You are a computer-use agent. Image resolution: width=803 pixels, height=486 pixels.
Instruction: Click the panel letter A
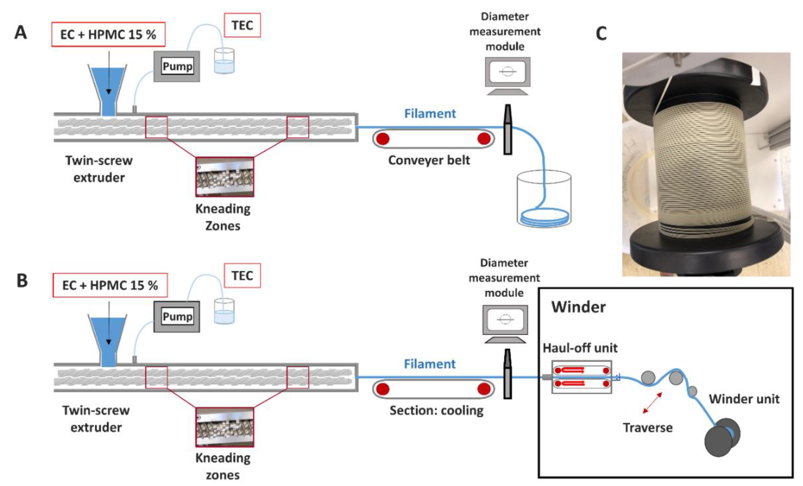pos(21,33)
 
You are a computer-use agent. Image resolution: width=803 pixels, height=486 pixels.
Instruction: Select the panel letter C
pos(601,34)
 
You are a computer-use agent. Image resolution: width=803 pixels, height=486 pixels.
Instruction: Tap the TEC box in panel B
pos(242,276)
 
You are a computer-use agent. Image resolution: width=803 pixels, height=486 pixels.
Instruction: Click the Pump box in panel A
pos(177,66)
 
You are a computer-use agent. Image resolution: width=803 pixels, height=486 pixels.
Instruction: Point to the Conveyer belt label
pos(429,160)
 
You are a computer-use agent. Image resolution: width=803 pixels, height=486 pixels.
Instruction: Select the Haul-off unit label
pos(580,348)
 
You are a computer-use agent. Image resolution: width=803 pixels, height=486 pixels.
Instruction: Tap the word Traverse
pos(648,428)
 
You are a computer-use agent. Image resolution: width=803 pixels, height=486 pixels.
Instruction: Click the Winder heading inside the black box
pos(578,307)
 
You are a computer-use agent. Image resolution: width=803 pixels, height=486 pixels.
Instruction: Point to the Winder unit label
pos(744,399)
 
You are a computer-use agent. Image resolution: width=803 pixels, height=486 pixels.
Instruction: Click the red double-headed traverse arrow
pos(652,403)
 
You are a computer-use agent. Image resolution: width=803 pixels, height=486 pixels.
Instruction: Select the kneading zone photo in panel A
pos(225,177)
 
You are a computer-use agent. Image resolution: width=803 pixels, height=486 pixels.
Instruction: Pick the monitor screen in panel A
pos(508,71)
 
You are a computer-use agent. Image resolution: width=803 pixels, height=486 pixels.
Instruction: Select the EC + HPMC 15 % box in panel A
pos(108,35)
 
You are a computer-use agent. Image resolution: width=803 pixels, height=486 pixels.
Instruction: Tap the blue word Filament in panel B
pos(429,364)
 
